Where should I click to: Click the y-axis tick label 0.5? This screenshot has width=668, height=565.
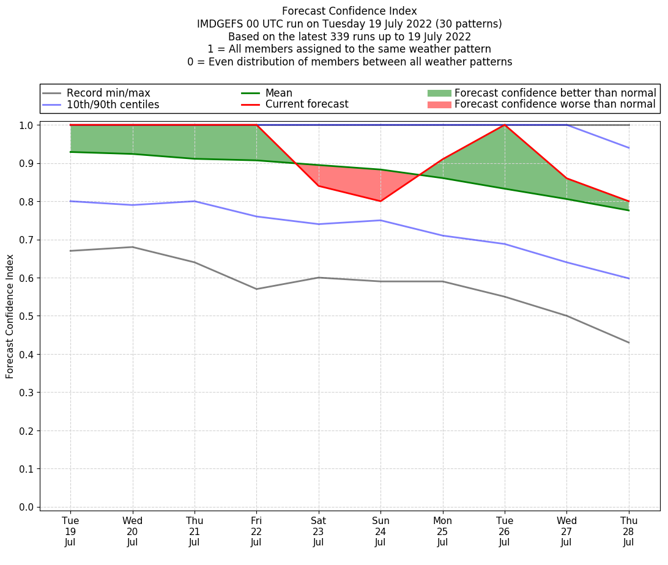[x=27, y=316]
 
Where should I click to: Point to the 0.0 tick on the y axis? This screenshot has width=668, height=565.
[x=27, y=507]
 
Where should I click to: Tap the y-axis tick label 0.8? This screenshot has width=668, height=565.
[x=27, y=202]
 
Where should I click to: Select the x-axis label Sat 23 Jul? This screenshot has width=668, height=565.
[x=318, y=531]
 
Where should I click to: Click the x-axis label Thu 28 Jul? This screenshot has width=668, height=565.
[x=628, y=531]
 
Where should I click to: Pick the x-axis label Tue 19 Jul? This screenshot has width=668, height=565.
[x=70, y=531]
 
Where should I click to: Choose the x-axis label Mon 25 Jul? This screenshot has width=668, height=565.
[x=442, y=531]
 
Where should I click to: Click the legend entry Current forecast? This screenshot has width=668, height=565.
[x=306, y=105]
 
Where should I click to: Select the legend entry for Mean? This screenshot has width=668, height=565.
[x=278, y=93]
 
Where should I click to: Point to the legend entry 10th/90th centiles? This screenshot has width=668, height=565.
[x=113, y=105]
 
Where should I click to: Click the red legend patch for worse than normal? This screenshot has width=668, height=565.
[x=439, y=105]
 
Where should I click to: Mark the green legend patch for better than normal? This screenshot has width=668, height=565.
[x=439, y=93]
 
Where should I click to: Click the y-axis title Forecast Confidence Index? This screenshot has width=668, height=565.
[x=10, y=316]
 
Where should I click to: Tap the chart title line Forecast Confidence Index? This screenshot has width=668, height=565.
[x=349, y=11]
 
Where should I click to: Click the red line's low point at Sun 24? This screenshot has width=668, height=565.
[x=380, y=201]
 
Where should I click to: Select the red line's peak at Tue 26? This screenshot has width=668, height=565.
[x=505, y=125]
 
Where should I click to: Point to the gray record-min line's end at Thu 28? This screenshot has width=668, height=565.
[x=628, y=342]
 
